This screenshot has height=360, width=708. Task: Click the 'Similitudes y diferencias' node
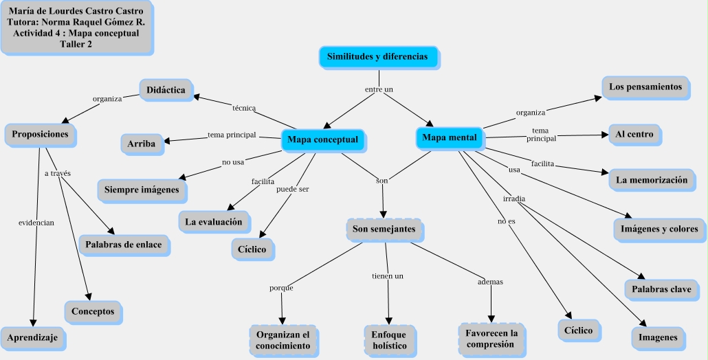[377, 56]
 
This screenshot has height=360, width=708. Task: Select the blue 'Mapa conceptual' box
[322, 139]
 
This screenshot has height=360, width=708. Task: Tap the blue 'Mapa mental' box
[449, 137]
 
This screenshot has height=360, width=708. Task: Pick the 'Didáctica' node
[165, 89]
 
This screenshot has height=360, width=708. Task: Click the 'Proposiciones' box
[40, 134]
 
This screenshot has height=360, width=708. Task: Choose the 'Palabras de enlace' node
[124, 245]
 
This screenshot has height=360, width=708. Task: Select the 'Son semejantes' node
[384, 229]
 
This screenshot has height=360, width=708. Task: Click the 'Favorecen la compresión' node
[491, 338]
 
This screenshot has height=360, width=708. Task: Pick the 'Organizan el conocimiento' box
[283, 339]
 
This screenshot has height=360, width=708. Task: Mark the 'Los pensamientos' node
[645, 87]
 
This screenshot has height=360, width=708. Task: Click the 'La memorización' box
[651, 180]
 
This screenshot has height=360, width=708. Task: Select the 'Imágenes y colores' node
[659, 229]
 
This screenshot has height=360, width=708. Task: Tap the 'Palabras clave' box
[661, 289]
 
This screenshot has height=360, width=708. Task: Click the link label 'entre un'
[379, 89]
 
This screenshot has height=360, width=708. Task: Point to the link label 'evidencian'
[36, 223]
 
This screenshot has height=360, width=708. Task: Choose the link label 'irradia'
[514, 199]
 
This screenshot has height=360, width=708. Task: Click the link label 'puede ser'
[292, 189]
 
